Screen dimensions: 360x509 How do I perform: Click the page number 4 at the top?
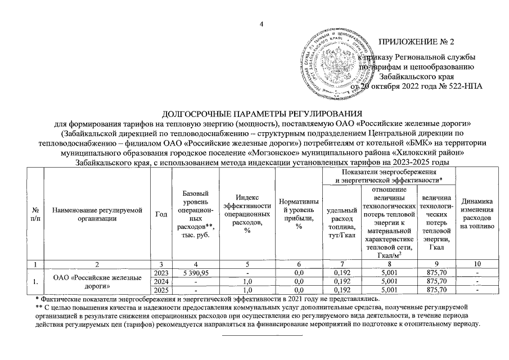262,23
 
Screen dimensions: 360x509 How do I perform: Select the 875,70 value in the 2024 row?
436,281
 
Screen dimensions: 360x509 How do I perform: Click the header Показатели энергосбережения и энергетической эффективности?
390,175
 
